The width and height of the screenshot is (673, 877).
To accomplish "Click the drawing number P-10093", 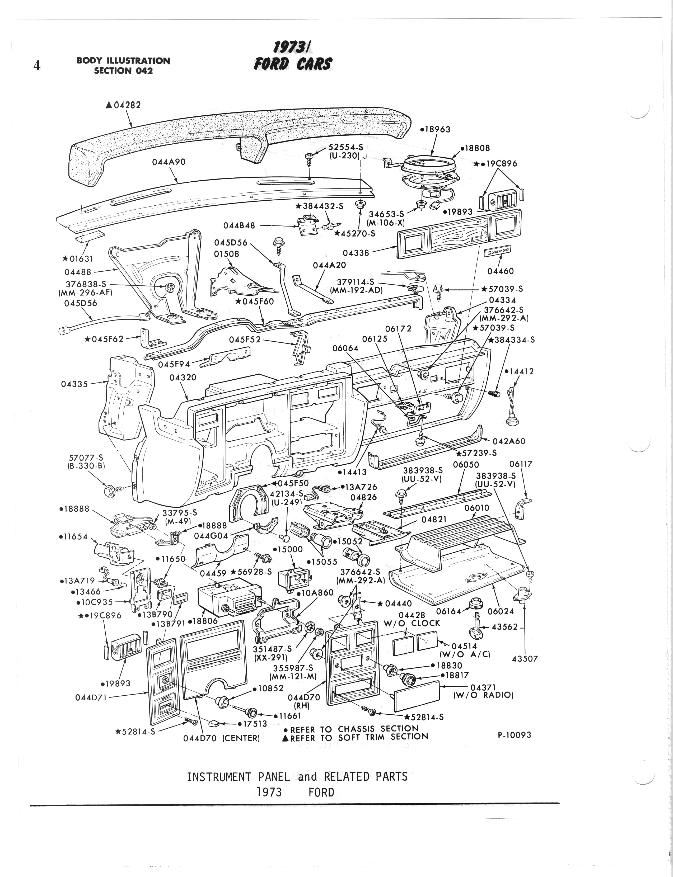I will [514, 735].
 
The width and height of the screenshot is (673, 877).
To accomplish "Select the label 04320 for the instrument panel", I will [183, 377].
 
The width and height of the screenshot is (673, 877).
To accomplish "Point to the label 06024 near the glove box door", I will [501, 611].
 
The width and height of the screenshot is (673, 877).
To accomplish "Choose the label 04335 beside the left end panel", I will [74, 384].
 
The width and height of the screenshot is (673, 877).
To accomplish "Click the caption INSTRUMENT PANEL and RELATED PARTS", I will [297, 777].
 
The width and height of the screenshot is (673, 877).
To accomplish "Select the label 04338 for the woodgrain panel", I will [356, 253].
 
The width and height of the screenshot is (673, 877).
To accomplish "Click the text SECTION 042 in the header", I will [123, 70].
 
